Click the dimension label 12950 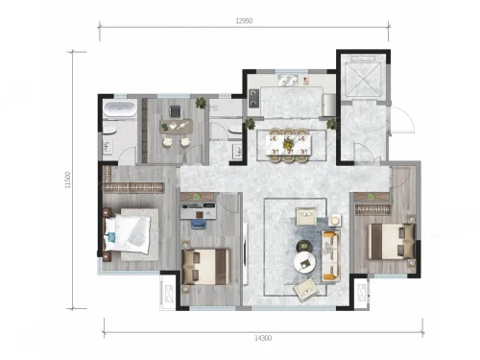(244, 21)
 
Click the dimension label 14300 (263, 338)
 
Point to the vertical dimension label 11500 (67, 180)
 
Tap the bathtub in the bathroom (120, 108)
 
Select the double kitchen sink (288, 81)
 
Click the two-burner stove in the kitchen (254, 98)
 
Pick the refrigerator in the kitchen (329, 105)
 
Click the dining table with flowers (289, 144)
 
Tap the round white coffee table (304, 263)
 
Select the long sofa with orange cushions (331, 255)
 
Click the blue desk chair (199, 224)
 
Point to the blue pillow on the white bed (111, 237)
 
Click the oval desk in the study (177, 127)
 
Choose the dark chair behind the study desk (176, 111)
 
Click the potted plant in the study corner (202, 103)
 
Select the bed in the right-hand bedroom (392, 241)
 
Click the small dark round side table (303, 246)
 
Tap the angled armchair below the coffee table (306, 290)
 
